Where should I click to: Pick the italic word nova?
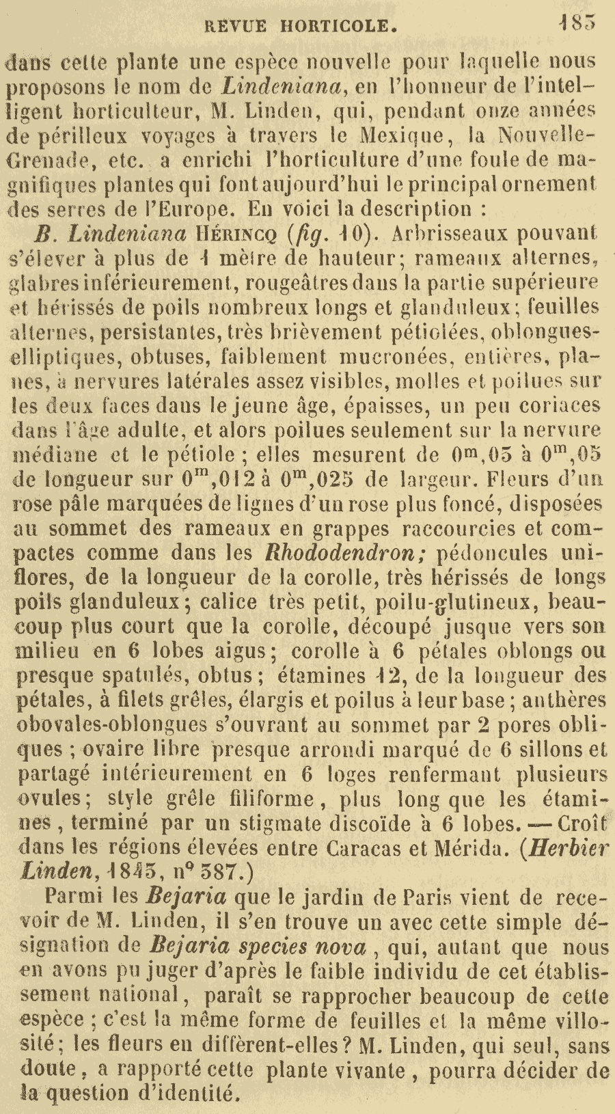(x=340, y=947)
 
